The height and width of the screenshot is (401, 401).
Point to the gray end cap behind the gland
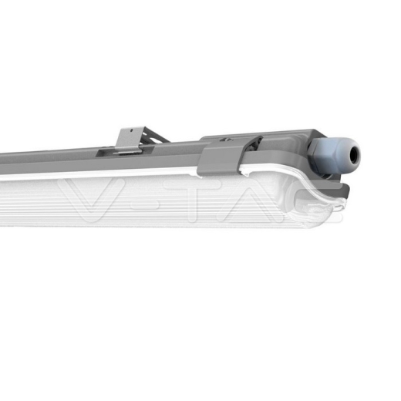[x=270, y=142]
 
